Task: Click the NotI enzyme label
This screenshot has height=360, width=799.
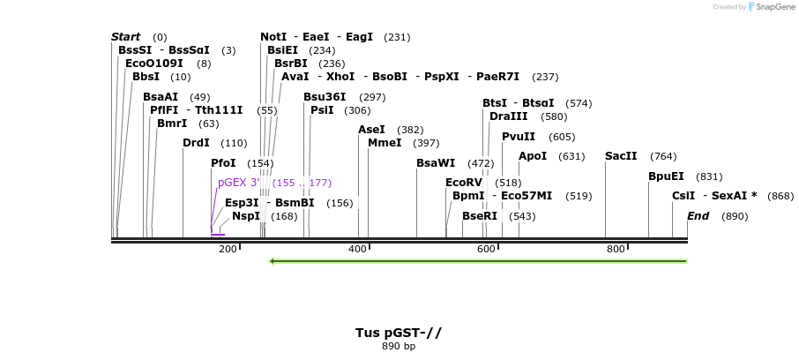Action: coord(273,37)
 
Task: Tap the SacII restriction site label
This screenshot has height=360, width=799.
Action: coord(621,156)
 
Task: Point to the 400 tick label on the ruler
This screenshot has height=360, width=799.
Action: coord(357,250)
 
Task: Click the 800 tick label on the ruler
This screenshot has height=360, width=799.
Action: coord(616,250)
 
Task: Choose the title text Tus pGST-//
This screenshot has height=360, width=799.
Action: coord(399,333)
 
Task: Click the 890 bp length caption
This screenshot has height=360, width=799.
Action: coord(399,346)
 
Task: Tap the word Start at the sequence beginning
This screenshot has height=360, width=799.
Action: coord(125,37)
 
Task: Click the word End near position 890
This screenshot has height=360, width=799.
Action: coord(698,216)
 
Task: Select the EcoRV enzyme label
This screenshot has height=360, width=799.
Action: coord(464,183)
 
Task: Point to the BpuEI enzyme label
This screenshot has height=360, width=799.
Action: coord(666,176)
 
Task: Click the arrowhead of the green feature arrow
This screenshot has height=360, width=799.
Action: coord(273,261)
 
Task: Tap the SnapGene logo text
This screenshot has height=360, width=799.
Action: coord(773,7)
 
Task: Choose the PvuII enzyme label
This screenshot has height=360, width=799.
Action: coord(519,137)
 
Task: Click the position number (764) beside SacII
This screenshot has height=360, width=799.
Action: coord(663,156)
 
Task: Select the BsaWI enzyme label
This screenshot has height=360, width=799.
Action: coord(436,163)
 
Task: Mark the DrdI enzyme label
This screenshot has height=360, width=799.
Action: coord(196,143)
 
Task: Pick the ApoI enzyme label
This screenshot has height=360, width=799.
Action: coord(533,156)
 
